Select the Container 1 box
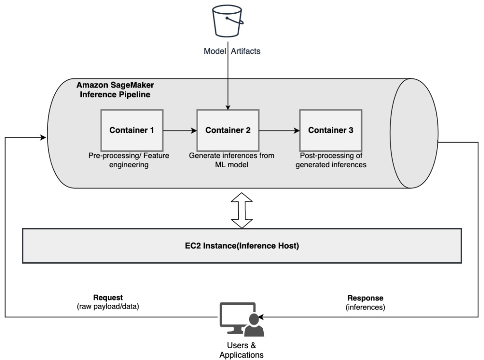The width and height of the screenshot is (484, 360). [x=132, y=130]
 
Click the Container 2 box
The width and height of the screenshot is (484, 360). [x=228, y=130]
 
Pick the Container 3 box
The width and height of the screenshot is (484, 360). [x=330, y=130]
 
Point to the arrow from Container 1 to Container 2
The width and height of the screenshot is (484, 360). [x=180, y=130]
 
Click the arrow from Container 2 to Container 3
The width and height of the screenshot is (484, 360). [x=279, y=130]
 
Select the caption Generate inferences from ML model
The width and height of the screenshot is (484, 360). [x=232, y=160]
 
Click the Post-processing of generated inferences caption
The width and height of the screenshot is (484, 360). [x=333, y=160]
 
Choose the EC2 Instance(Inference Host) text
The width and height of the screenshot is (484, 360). [x=242, y=246]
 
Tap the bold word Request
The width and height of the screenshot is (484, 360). [x=108, y=298]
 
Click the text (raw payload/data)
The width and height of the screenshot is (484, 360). [x=108, y=306]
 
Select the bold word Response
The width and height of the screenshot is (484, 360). [x=365, y=298]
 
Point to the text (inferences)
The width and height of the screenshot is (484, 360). [x=365, y=306]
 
